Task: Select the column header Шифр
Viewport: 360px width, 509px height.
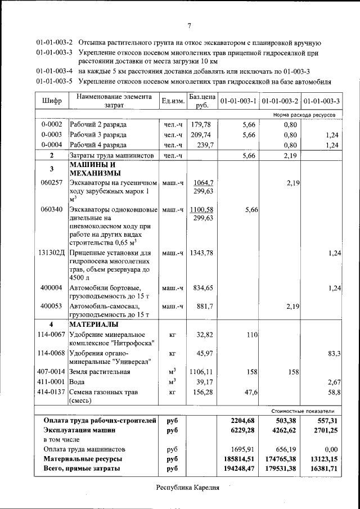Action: [x=51, y=101]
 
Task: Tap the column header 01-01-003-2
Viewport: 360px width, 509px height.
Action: [x=280, y=101]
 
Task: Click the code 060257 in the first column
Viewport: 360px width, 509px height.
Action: [x=51, y=183]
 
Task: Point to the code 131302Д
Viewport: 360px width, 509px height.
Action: [x=51, y=254]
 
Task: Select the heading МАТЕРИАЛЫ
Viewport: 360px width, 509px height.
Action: [x=93, y=325]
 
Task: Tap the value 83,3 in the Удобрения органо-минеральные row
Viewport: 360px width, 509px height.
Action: [x=334, y=353]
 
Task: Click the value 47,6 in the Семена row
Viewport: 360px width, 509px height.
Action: [x=250, y=392]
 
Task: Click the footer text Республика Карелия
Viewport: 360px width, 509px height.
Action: [x=187, y=487]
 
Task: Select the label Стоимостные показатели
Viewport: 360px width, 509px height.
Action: [x=307, y=411]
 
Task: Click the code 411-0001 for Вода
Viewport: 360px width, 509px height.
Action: [x=51, y=382]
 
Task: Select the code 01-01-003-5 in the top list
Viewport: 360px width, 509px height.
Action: [x=55, y=81]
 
